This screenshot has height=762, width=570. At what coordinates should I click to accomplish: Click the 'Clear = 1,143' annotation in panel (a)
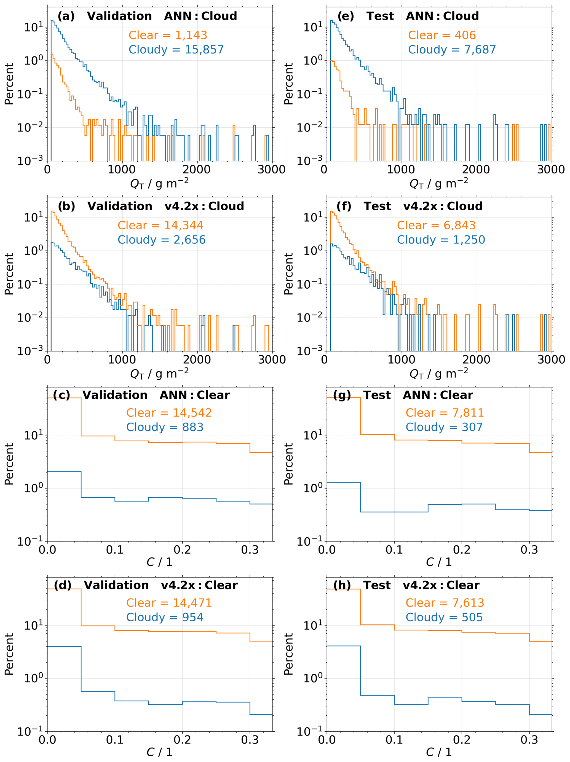coord(168,35)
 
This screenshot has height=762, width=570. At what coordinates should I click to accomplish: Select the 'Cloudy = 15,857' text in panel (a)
coord(176,50)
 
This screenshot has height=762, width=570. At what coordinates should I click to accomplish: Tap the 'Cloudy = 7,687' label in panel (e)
coord(452,50)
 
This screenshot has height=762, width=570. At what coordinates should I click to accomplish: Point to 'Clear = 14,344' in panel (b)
coord(160,225)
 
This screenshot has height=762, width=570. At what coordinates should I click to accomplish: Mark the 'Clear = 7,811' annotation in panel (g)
coord(445,413)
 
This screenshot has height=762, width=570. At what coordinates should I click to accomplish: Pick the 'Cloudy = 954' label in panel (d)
coord(165,617)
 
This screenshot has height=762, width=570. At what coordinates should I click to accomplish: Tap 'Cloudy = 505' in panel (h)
coord(444,617)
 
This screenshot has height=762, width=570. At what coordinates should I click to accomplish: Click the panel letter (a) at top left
coord(66,16)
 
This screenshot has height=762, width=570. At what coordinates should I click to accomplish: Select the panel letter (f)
coord(344,206)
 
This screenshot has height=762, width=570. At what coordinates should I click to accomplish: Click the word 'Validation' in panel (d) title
coord(116,585)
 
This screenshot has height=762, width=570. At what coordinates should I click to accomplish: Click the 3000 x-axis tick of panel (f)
coord(551,360)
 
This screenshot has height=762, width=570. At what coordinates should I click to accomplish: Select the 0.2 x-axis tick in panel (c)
coord(182,550)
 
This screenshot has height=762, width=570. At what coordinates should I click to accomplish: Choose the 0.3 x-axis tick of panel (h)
coord(529,740)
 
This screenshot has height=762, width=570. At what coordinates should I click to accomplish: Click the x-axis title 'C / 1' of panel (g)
coord(439,562)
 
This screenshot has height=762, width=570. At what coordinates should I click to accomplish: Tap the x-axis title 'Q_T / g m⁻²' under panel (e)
coord(439,183)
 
